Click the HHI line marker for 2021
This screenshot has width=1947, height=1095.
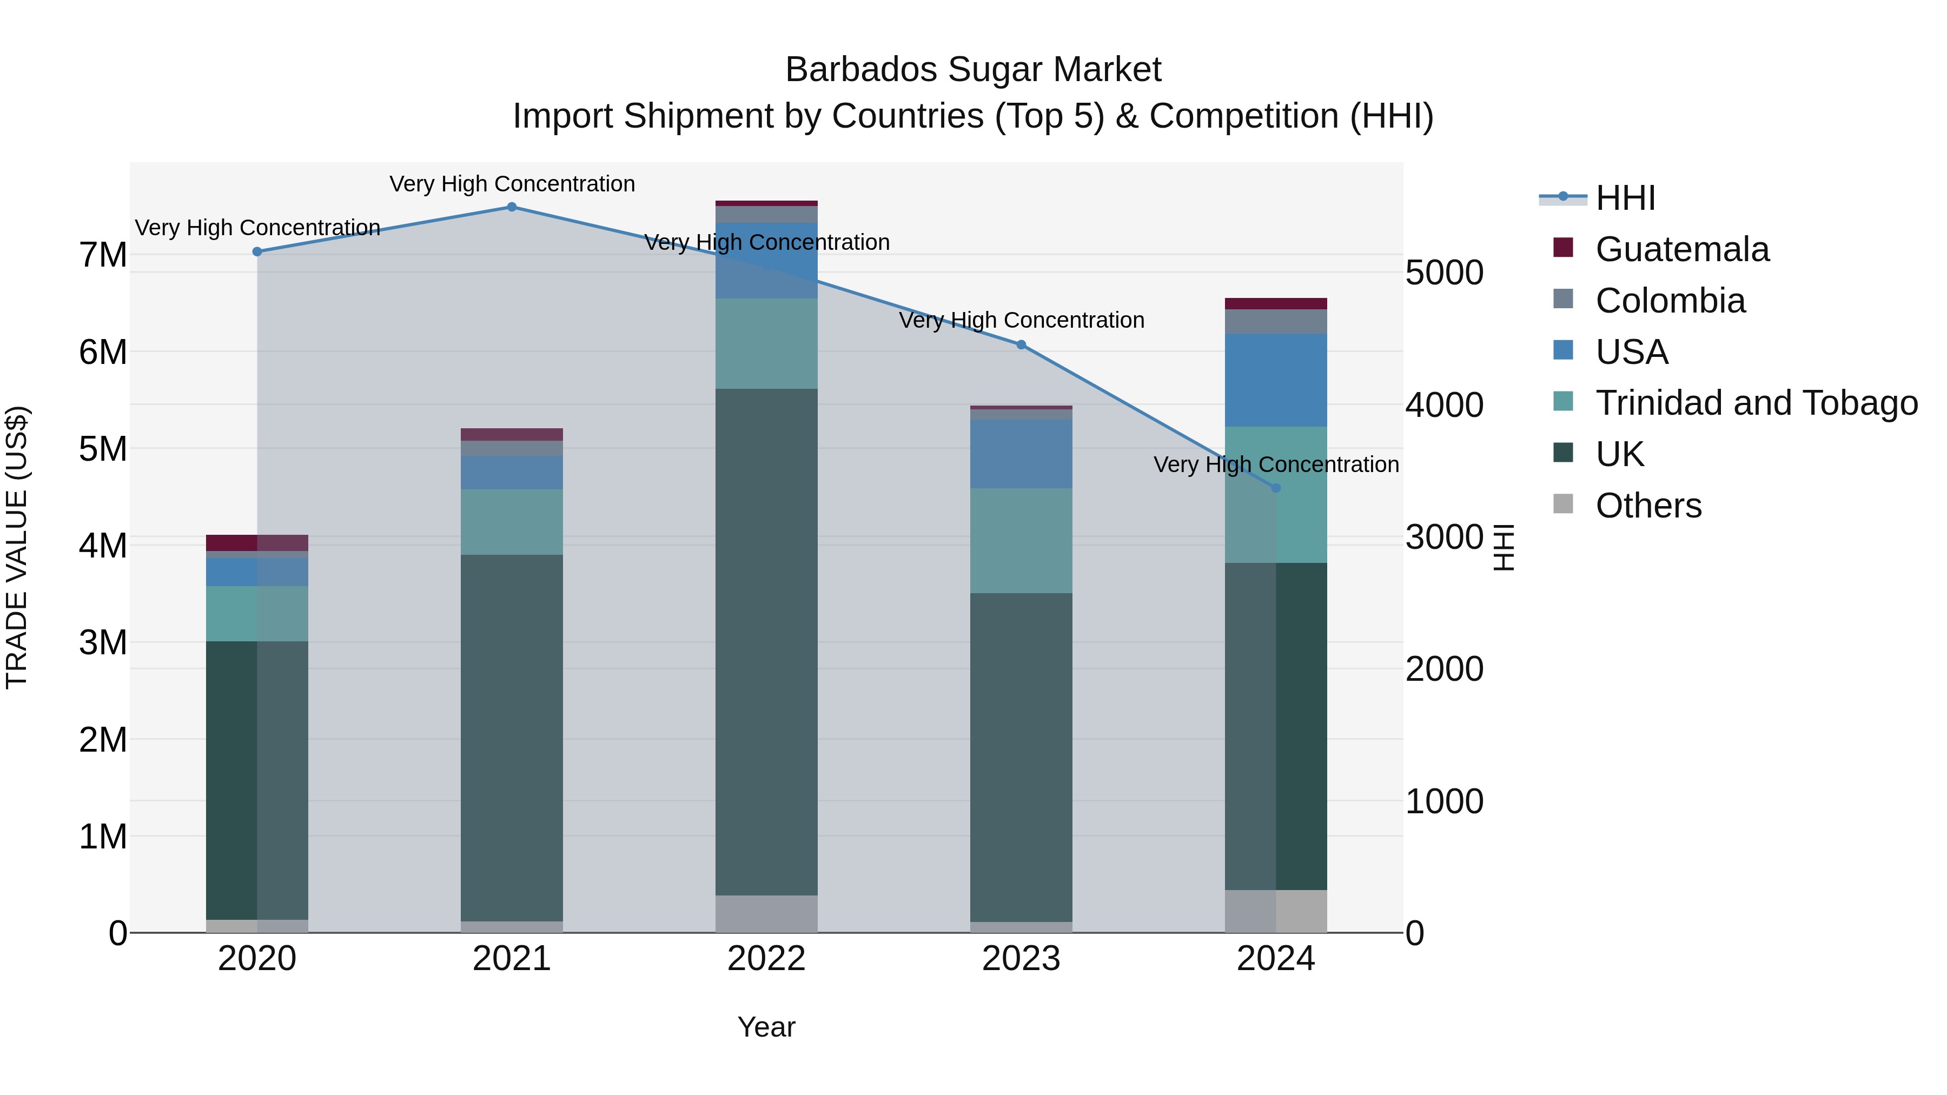tap(512, 207)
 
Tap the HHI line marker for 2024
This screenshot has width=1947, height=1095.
tap(1276, 488)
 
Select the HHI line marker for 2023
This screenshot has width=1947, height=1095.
tap(1021, 344)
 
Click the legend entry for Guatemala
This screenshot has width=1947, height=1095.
tap(1681, 249)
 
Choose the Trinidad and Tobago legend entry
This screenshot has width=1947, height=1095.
tap(1756, 403)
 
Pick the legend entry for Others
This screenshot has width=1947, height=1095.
tap(1648, 506)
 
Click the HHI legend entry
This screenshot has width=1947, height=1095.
tap(1625, 198)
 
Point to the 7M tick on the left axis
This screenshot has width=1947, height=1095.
tap(103, 255)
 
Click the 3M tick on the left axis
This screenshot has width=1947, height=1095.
tap(103, 643)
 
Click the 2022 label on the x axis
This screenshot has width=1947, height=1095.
tap(766, 959)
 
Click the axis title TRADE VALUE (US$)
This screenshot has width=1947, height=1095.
tap(17, 547)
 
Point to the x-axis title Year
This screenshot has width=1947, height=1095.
tap(766, 1027)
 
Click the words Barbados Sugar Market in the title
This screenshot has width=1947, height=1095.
tap(973, 70)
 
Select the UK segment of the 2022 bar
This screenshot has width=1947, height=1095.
tap(766, 642)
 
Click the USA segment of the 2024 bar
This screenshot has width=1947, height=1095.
tap(1276, 380)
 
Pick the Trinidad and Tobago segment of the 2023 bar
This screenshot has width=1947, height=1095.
tap(1021, 540)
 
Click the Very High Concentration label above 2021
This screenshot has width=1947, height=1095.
tap(512, 184)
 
